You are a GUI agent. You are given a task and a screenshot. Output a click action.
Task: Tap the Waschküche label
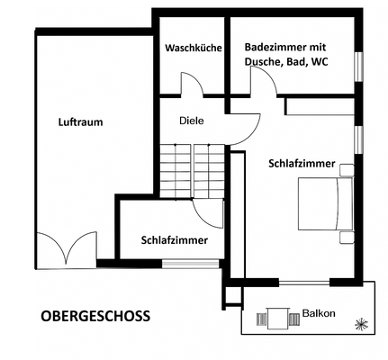(193, 48)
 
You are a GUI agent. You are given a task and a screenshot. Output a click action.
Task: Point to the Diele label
(191, 120)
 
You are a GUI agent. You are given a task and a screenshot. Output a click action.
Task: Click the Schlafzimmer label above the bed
(302, 164)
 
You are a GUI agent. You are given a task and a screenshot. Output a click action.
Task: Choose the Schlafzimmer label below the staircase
(175, 240)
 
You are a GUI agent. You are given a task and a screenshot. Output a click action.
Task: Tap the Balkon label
(319, 313)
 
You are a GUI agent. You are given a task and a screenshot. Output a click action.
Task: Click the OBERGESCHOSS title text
(95, 316)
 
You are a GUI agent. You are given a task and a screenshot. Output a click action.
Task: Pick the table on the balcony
(275, 318)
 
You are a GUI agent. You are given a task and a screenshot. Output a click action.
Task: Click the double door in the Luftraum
(66, 246)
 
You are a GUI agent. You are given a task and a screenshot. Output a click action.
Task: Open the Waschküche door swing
(192, 85)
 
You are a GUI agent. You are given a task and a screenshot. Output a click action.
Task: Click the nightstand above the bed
(347, 168)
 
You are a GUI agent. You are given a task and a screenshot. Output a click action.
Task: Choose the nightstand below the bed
(347, 237)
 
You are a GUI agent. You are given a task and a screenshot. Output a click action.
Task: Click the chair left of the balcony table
(261, 318)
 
